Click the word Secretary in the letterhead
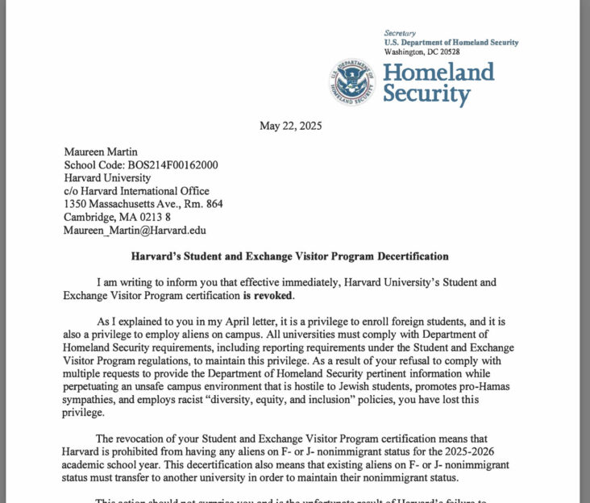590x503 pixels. click(x=400, y=32)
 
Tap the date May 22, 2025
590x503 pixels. click(x=291, y=126)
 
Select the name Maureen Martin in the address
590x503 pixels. click(x=100, y=152)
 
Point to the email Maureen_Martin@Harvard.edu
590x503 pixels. click(x=135, y=230)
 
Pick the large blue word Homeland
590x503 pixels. click(x=438, y=71)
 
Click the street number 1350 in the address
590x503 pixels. click(x=77, y=203)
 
